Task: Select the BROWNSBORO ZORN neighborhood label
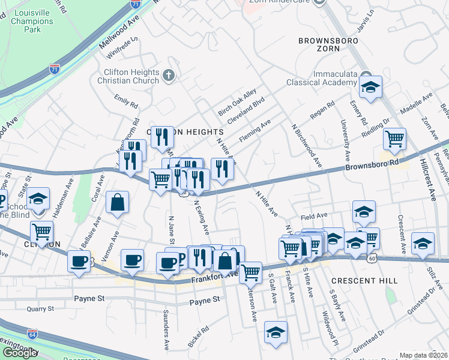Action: [328, 47]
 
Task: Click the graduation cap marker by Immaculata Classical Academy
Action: [370, 88]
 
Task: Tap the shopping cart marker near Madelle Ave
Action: [394, 139]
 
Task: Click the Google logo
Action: [20, 352]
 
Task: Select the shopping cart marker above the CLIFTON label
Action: [41, 231]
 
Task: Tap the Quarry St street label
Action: [41, 310]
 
